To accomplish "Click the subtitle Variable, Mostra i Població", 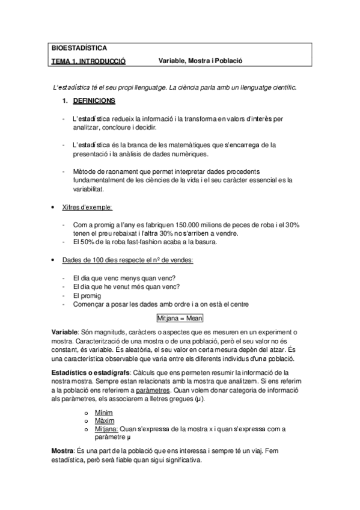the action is click(200, 61).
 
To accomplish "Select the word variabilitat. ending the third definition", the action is click(88, 188).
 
